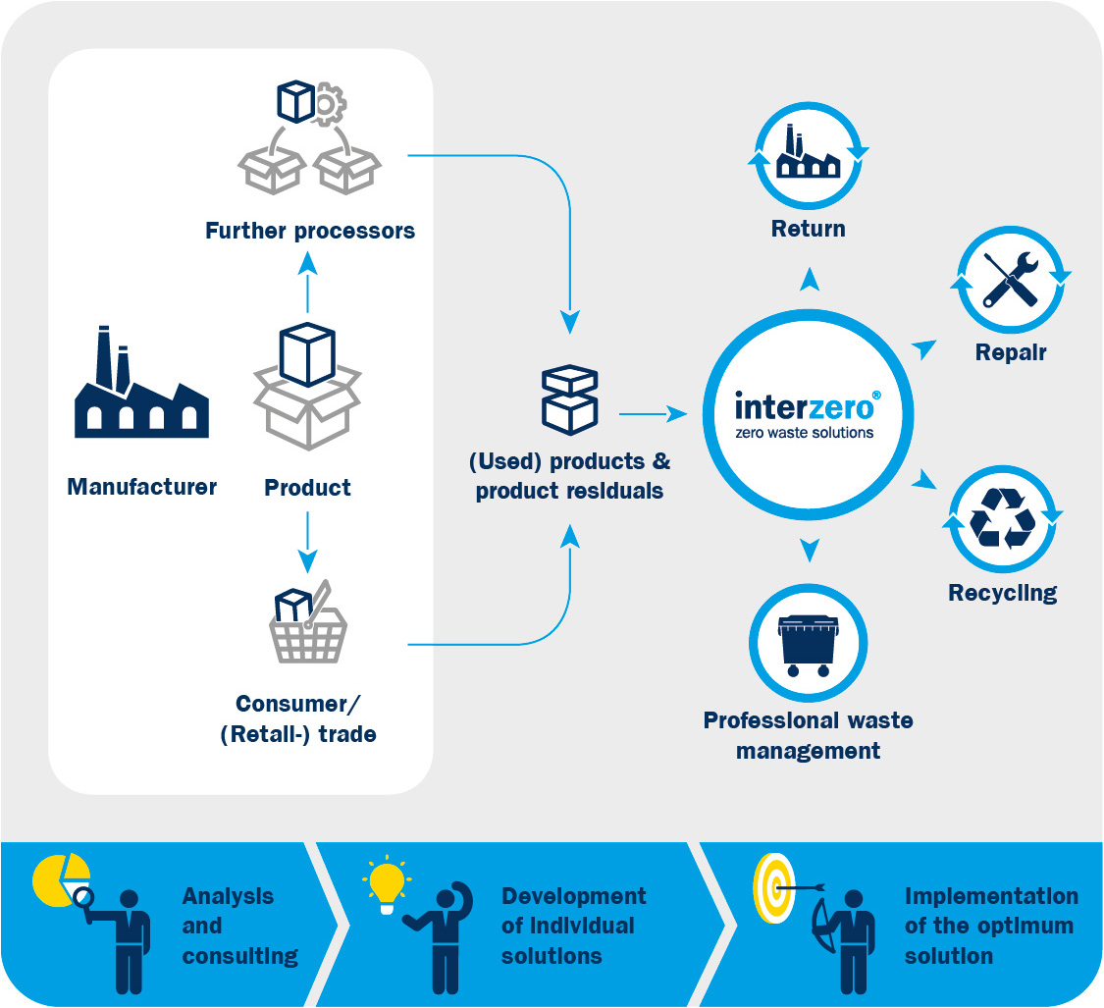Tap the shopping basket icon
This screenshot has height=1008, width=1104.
pyautogui.click(x=308, y=624)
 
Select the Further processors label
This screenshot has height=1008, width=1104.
pyautogui.click(x=310, y=232)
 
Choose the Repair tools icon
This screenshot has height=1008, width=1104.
pyautogui.click(x=1010, y=279)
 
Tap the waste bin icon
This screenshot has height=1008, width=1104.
pyautogui.click(x=808, y=644)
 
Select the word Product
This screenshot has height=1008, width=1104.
pyautogui.click(x=308, y=487)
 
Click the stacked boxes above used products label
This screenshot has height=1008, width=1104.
pyautogui.click(x=569, y=399)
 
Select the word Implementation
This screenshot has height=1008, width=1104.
pyautogui.click(x=991, y=896)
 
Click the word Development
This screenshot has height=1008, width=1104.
pyautogui.click(x=574, y=896)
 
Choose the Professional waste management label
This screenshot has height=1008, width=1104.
pyautogui.click(x=808, y=736)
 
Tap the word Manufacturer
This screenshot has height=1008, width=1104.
pyautogui.click(x=142, y=487)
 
